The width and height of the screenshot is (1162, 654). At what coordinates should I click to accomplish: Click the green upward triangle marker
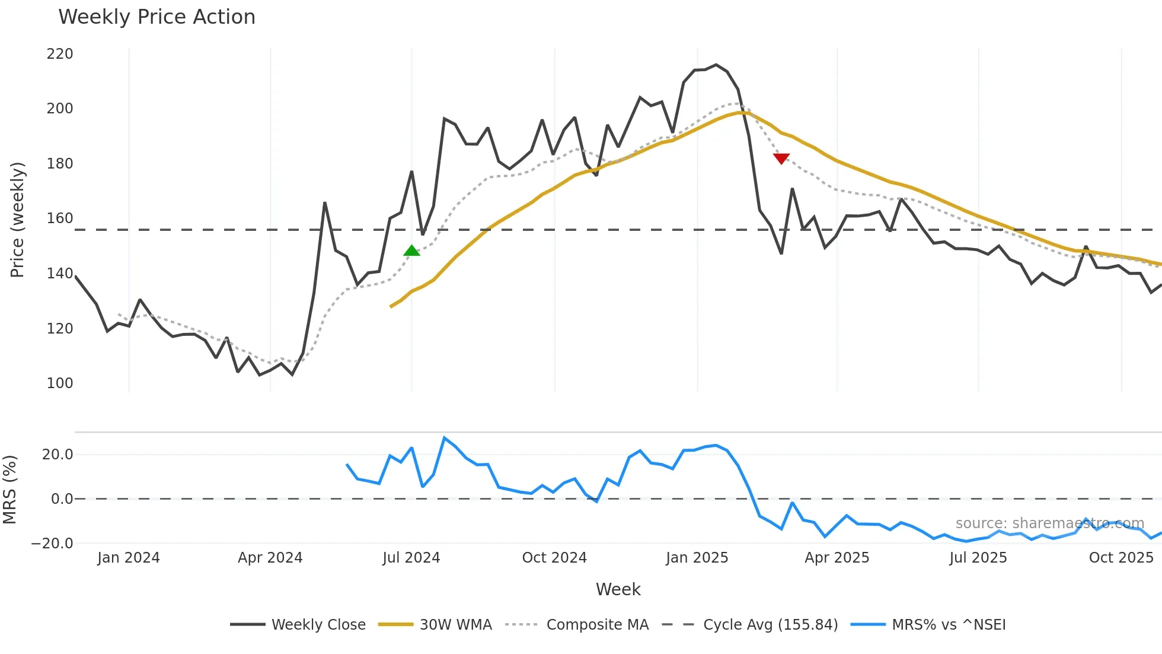tap(411, 251)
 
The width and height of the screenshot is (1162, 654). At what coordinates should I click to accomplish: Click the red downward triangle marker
tap(781, 158)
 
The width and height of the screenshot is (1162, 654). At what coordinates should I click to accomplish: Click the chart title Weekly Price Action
tap(157, 17)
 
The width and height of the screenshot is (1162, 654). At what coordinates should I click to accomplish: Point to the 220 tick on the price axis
tap(60, 54)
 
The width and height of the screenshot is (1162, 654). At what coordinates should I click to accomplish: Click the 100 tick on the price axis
tap(60, 383)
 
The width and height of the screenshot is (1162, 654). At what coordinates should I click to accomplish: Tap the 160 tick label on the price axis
tap(60, 218)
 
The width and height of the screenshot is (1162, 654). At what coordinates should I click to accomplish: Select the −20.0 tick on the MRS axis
tap(52, 544)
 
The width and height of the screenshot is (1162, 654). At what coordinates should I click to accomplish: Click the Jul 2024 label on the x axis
tap(411, 558)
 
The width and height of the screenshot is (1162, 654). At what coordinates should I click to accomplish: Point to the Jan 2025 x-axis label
tap(697, 558)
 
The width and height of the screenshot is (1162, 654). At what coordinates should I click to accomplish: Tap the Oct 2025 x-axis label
tap(1121, 558)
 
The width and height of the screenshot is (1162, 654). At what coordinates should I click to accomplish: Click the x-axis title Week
tap(618, 589)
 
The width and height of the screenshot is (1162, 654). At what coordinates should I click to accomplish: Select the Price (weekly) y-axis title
tap(17, 220)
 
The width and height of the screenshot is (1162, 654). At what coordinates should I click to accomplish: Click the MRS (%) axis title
tap(9, 490)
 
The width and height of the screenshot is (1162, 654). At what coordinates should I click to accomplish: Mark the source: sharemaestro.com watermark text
tap(1049, 523)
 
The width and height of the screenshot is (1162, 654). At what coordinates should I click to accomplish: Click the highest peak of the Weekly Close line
tap(716, 65)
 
